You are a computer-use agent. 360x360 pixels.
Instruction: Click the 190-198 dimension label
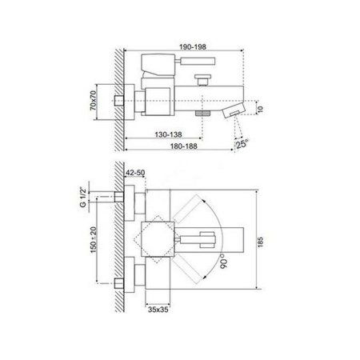[x=193, y=47]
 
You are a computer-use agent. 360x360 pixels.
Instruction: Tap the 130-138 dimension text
[x=168, y=134]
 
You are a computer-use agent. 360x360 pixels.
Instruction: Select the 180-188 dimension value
[x=184, y=146]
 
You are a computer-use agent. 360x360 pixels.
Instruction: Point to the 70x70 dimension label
[x=93, y=101]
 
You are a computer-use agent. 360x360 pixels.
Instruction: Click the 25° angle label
[x=242, y=144]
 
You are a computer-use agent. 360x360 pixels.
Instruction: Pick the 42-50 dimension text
[x=135, y=173]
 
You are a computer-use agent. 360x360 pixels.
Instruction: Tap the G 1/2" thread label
[x=83, y=198]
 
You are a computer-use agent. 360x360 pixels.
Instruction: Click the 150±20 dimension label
[x=94, y=240]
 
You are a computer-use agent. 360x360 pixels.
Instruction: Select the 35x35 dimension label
[x=158, y=310]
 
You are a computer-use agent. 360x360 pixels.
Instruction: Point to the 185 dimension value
[x=261, y=242]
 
